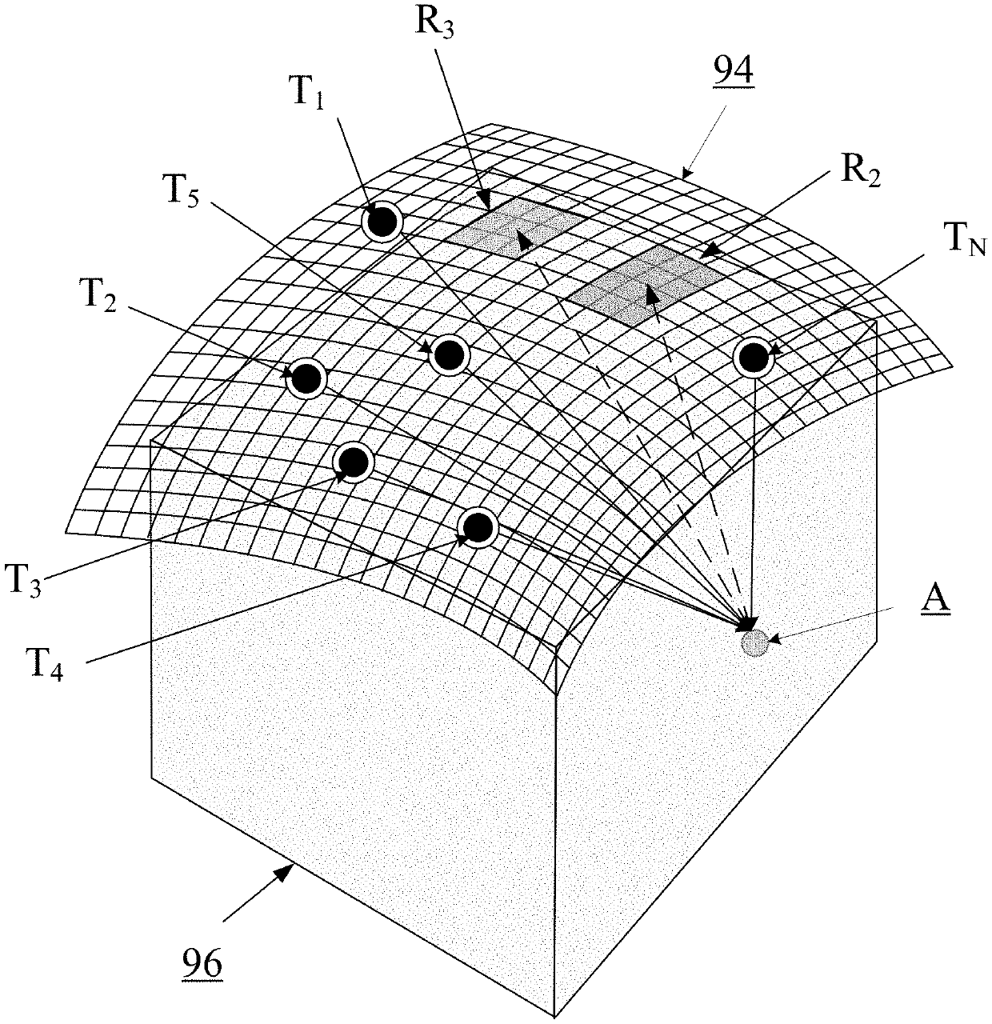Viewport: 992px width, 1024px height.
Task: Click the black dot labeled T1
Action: coord(382,222)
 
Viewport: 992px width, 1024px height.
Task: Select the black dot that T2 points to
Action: coord(306,378)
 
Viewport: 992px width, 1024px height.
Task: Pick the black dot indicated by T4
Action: coord(478,526)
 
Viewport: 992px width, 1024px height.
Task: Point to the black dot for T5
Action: coord(449,354)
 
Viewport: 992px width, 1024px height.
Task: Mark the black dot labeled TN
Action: coord(753,358)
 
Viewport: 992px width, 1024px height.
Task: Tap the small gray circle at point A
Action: coord(754,642)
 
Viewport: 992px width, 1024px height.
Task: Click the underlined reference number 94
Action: coord(733,74)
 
